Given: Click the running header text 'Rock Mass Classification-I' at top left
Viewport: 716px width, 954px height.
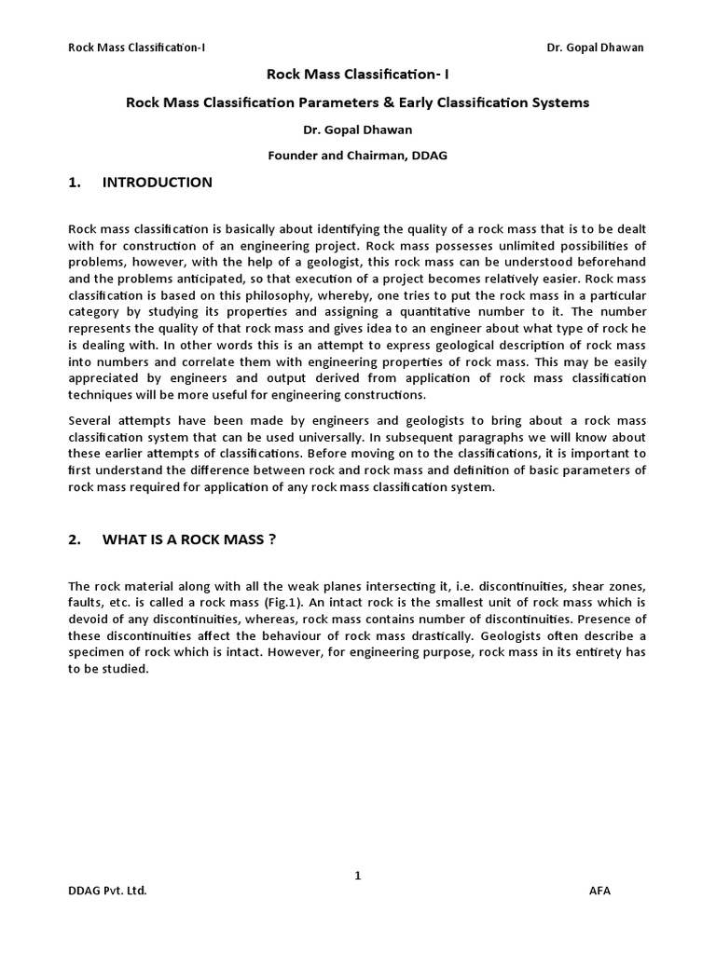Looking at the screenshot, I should tap(136, 48).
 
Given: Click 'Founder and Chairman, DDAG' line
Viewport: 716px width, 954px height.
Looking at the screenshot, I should tap(358, 156).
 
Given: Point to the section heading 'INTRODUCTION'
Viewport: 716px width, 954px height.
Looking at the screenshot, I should tap(157, 183).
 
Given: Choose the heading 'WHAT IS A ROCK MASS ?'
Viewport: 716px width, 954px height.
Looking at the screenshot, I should tap(188, 540).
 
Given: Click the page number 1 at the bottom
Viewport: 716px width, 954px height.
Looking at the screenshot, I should tap(358, 875).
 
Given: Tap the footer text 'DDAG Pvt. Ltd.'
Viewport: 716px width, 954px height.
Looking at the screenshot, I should tap(108, 891).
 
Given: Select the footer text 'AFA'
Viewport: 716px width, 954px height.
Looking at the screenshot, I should tap(600, 891).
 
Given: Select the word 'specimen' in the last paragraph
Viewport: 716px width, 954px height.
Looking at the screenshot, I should tap(95, 652).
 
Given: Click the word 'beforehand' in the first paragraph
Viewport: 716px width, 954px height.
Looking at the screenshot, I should tap(612, 263).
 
